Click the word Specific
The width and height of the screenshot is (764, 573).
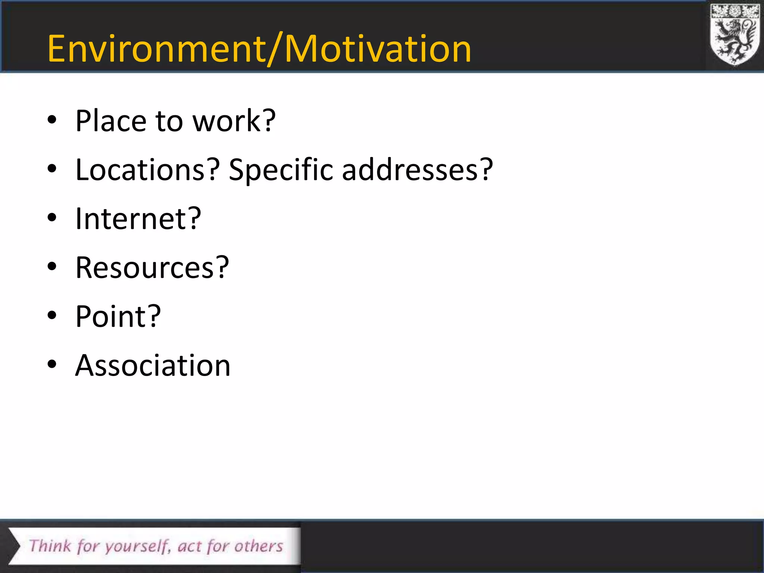[x=281, y=170]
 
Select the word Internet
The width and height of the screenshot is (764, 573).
[x=132, y=219]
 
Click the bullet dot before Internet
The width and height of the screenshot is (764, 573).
[x=52, y=217]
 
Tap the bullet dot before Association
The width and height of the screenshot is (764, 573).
[x=52, y=364]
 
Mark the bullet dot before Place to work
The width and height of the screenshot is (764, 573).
[x=52, y=120]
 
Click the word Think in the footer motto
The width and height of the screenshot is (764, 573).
[x=50, y=546]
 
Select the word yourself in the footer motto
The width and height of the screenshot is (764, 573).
[x=137, y=547]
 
